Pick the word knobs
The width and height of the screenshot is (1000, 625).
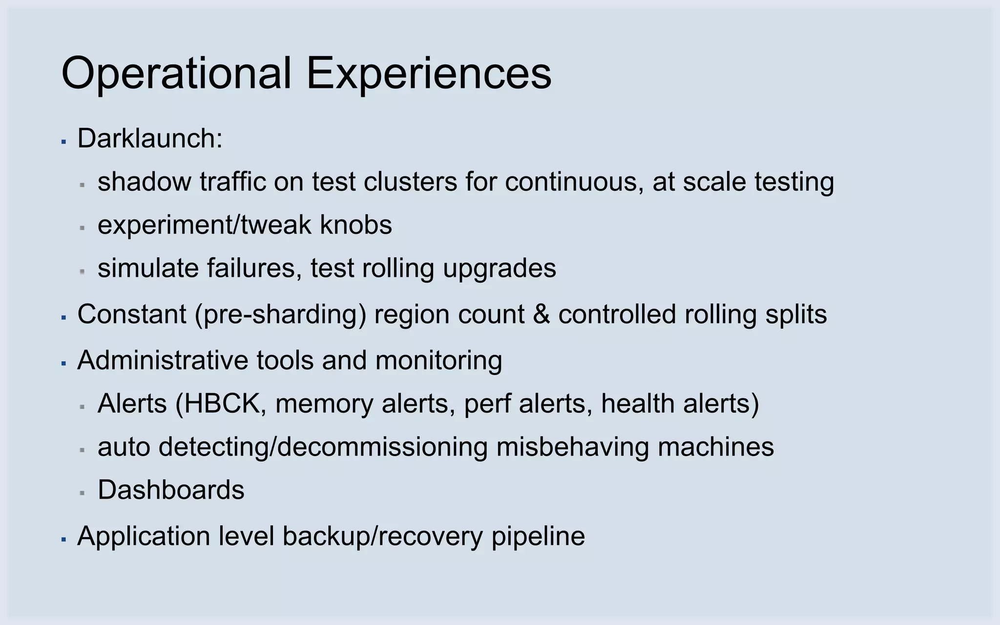coord(356,225)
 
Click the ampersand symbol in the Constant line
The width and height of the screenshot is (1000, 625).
coord(541,314)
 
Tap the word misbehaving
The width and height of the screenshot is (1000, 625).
coord(572,447)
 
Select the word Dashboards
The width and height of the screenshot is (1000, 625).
coord(171,490)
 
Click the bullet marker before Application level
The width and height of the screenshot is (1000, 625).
coord(63,540)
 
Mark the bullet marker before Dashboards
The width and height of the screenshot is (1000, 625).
coord(83,493)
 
